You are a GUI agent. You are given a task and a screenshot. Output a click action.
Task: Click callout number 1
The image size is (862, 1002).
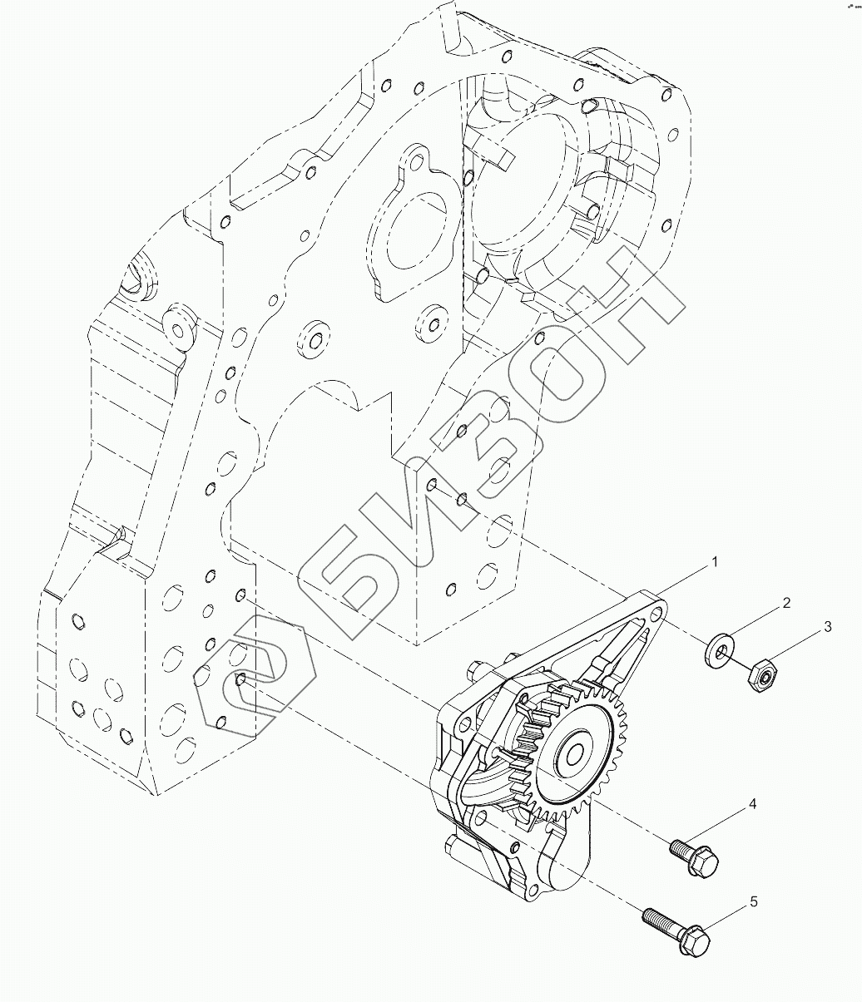[x=714, y=563]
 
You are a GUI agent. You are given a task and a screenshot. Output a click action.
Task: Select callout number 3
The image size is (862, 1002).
[x=827, y=627]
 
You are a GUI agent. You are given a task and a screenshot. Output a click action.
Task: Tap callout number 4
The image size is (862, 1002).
[x=751, y=804]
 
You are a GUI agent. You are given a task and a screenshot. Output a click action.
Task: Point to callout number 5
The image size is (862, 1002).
[x=753, y=901]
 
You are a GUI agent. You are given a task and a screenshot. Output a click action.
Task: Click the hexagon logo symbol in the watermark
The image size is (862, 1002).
[x=250, y=682]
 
